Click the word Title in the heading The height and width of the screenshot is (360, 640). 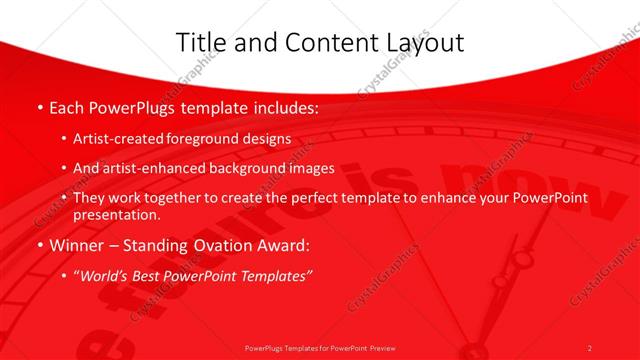200,42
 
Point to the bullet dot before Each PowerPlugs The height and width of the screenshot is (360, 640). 39,105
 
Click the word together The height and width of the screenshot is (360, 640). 182,198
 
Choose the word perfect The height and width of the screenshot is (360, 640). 315,198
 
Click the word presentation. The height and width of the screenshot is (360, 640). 116,214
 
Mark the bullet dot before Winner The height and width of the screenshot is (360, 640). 39,245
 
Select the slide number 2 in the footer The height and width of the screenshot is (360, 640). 589,347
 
